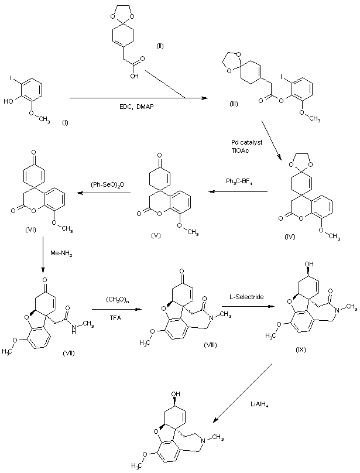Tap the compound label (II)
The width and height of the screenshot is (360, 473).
click(x=160, y=45)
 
